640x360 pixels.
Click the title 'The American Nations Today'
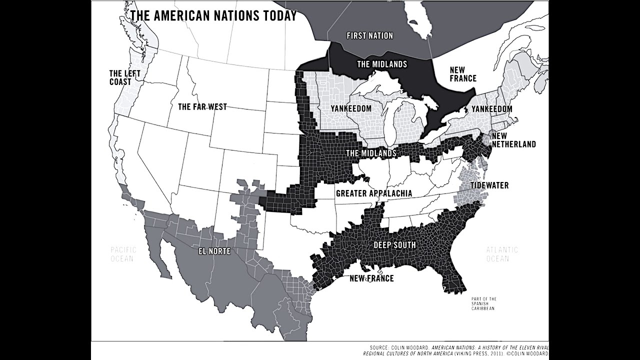(x=213, y=15)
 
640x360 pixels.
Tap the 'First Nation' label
(x=369, y=35)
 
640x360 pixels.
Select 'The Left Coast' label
(x=125, y=77)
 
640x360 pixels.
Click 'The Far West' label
(x=202, y=106)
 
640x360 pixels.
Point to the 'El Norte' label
(x=214, y=251)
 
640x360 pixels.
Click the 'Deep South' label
(x=394, y=245)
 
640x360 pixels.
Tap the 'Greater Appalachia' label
(x=374, y=193)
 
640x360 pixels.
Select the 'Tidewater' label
(x=489, y=185)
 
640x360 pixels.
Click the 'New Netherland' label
(x=513, y=140)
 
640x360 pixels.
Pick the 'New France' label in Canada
(x=462, y=74)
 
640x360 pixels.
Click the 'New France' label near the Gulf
(x=371, y=278)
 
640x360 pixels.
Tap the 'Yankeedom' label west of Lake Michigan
(x=351, y=108)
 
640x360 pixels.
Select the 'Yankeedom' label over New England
(x=492, y=108)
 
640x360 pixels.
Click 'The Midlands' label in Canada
(x=381, y=64)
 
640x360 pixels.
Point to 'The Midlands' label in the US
(x=371, y=152)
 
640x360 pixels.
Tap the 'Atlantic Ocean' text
(x=502, y=254)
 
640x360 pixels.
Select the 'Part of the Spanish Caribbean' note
(x=483, y=304)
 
